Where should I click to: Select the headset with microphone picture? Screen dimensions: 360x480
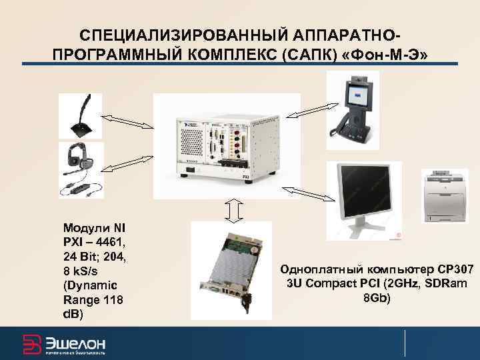[x=80, y=169]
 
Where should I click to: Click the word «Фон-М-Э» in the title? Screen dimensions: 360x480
[x=390, y=52]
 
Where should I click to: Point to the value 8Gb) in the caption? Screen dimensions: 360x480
[x=377, y=297]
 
